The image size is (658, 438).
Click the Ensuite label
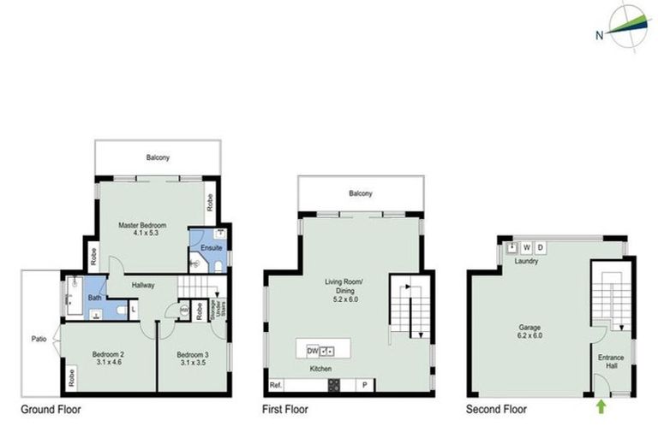pos(211,249)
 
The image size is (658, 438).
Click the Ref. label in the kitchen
pos(276,386)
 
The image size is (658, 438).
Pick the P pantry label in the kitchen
pos(366,386)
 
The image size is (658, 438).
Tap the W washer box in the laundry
pos(526,248)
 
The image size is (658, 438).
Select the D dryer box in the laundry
pos(541,248)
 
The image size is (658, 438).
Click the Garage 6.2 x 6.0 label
pos(528,332)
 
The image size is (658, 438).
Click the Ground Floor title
pos(51,410)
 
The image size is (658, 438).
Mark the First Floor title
pos(284,410)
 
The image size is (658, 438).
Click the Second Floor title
pos(498,410)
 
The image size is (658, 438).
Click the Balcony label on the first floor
pos(360,194)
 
